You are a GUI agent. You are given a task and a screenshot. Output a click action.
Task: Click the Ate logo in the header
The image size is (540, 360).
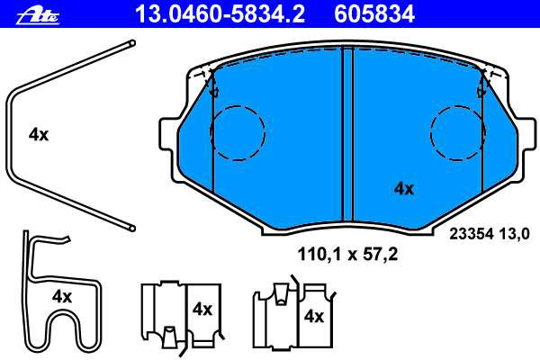pos(38,15)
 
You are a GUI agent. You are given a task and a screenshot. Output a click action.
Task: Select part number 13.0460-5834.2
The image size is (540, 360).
pos(220,14)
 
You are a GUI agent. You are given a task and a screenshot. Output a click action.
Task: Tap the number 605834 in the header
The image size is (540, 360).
pos(374,14)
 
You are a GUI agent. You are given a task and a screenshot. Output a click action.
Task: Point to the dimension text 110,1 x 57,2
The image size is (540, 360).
pos(347,255)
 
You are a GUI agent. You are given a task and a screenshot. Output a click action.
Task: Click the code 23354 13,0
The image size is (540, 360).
pos(490,234)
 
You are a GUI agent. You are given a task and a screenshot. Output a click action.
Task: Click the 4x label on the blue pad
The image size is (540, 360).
pos(403,188)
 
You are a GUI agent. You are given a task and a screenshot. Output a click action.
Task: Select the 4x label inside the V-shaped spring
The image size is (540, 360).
pos(39,134)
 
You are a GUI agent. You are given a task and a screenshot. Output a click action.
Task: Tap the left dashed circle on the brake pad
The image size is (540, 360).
pos(238,133)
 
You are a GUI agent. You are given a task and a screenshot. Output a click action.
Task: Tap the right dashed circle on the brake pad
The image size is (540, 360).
pos(458,133)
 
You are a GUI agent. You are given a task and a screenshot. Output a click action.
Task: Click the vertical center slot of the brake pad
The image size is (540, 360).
pos(347,134)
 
